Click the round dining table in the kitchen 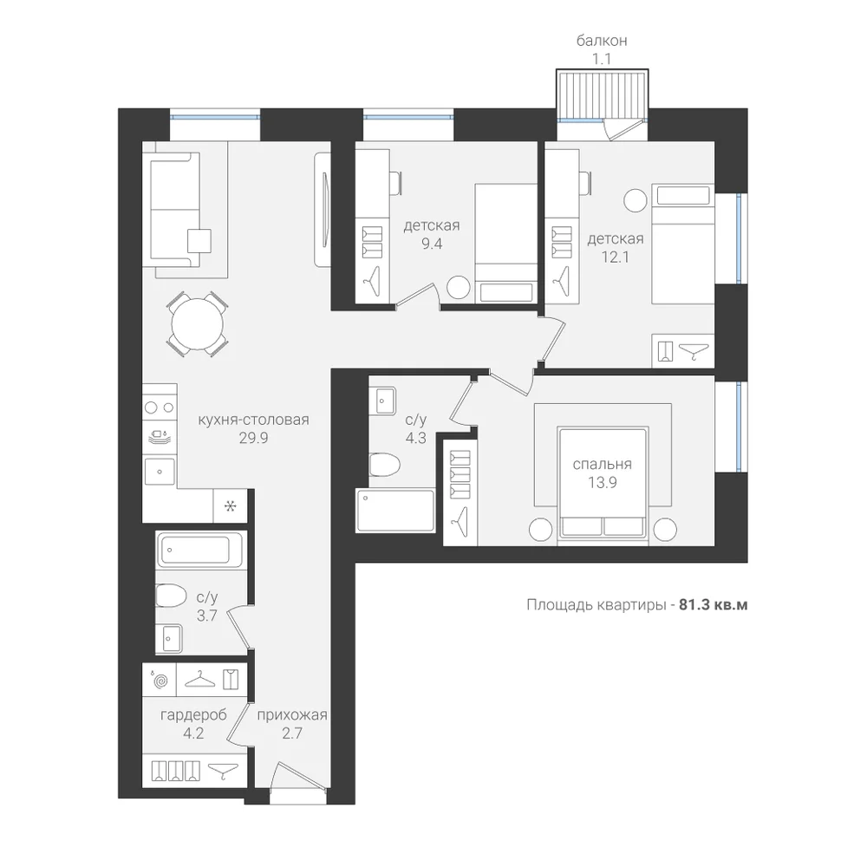click(x=198, y=324)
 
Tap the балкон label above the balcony click(x=602, y=41)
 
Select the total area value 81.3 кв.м click(x=713, y=605)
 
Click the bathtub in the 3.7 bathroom click(x=199, y=550)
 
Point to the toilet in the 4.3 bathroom click(x=384, y=465)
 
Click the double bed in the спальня click(x=603, y=482)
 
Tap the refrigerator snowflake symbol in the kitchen click(x=231, y=505)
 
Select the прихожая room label click(x=292, y=715)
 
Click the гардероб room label click(x=193, y=715)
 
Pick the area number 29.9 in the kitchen click(x=253, y=438)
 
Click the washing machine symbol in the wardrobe click(x=160, y=680)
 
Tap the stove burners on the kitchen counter click(x=160, y=408)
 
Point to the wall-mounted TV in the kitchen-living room click(x=323, y=209)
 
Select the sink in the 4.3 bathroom click(x=386, y=401)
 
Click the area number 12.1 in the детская click(x=616, y=257)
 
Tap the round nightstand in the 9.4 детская click(x=459, y=287)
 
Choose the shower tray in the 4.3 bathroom click(x=396, y=510)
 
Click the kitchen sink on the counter click(x=160, y=472)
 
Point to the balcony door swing click(x=623, y=131)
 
